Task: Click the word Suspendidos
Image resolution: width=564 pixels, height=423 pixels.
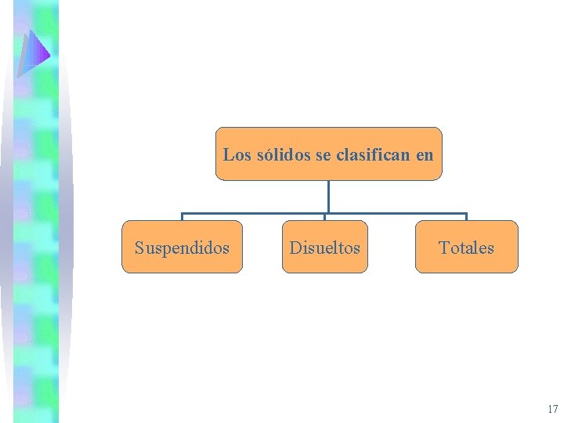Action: click(x=182, y=248)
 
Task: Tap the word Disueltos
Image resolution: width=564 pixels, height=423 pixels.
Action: click(x=325, y=248)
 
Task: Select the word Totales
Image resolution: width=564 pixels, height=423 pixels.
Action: click(x=466, y=248)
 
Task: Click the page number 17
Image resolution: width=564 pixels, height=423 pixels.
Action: click(x=553, y=409)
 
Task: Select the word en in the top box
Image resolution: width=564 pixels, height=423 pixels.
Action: click(x=425, y=154)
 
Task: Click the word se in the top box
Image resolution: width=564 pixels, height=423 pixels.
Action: click(x=323, y=154)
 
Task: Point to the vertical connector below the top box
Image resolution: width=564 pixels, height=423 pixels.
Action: click(x=328, y=196)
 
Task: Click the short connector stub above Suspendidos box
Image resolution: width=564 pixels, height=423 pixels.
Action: click(x=183, y=217)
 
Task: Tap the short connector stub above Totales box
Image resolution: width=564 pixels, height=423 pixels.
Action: click(x=466, y=217)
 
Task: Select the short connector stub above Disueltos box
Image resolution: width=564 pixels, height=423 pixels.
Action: click(x=325, y=217)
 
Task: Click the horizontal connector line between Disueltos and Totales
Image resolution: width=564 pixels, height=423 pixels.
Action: click(x=396, y=213)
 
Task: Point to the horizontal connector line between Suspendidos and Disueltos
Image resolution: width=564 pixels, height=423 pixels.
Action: click(x=254, y=213)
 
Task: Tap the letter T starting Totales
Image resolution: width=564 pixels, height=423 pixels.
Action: click(x=443, y=248)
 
